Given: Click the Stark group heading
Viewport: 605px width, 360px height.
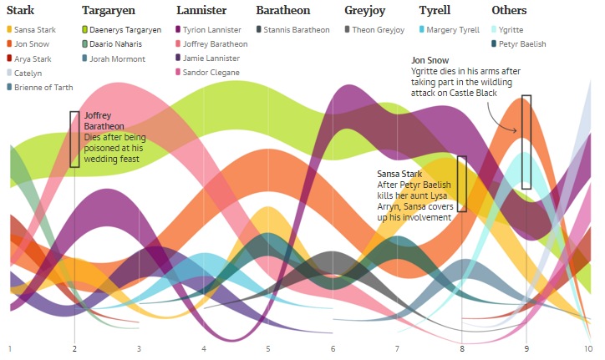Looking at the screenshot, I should tap(21, 11).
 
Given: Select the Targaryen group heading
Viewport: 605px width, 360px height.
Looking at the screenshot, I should tap(110, 11).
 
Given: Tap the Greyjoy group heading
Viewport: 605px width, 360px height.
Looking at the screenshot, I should tap(364, 11).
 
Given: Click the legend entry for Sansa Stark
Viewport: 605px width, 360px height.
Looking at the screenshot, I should tap(35, 30).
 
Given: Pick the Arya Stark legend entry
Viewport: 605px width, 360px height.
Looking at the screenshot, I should tap(33, 58).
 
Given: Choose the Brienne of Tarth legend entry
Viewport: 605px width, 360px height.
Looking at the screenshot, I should tap(43, 87).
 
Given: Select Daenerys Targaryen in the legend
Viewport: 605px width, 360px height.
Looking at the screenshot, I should tap(125, 30).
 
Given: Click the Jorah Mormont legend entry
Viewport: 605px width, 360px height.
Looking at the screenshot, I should tap(117, 58).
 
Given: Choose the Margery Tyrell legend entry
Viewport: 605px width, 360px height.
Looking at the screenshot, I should tap(452, 30).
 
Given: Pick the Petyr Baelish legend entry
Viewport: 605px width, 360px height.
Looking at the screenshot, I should tap(522, 44).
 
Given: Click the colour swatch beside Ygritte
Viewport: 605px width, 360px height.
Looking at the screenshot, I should tap(496, 30).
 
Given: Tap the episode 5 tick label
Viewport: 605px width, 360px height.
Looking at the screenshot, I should tap(268, 348).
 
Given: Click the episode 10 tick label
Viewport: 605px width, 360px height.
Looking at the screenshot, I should tap(588, 348).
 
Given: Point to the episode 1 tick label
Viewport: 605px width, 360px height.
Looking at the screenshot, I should tap(9, 348).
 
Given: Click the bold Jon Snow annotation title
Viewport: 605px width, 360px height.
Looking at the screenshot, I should tap(430, 61).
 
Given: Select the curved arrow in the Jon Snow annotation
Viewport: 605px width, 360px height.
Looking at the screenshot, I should tap(506, 123).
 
